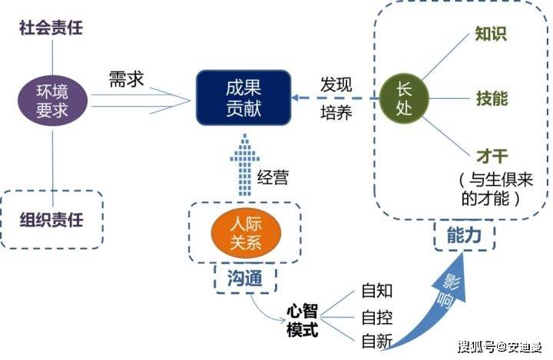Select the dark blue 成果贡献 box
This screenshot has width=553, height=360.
[x=244, y=97]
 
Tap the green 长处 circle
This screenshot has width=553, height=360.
[x=404, y=98]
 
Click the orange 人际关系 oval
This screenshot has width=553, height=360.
[x=245, y=233]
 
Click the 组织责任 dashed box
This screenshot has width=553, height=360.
[x=51, y=220]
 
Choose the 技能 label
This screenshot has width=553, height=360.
[x=491, y=98]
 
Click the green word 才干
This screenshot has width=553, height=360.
[x=491, y=157]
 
